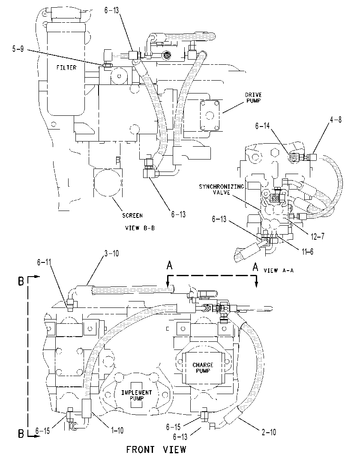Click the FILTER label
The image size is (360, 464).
coord(66,67)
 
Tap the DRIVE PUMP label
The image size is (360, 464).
coord(253,98)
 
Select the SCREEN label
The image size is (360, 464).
coord(132,215)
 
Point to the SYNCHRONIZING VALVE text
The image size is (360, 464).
coord(222,190)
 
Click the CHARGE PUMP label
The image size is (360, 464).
coord(203,368)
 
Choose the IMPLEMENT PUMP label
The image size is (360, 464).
coord(136,395)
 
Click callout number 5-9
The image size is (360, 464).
coord(18,49)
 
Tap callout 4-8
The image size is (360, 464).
coord(336,120)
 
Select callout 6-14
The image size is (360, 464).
coord(262,126)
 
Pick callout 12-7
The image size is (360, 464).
coord(318,236)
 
